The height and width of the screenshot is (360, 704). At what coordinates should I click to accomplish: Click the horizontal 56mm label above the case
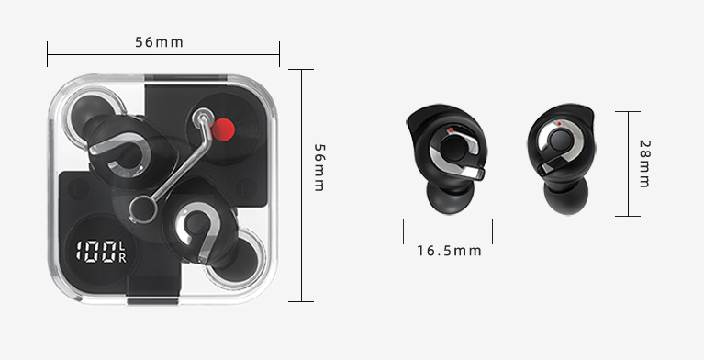tap(159, 42)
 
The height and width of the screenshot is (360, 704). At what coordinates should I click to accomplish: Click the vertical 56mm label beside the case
tap(318, 167)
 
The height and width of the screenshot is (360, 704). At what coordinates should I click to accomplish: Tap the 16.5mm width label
tap(449, 251)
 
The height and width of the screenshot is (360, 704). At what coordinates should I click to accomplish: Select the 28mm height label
tap(644, 163)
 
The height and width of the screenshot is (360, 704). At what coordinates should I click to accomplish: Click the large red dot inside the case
tap(223, 129)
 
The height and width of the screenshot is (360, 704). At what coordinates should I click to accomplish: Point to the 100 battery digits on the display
tap(95, 252)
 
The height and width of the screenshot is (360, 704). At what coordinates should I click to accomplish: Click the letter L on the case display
tap(123, 246)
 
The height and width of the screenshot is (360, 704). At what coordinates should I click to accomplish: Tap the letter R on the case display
tap(123, 257)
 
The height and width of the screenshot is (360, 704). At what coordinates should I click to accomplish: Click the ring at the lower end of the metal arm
tap(143, 209)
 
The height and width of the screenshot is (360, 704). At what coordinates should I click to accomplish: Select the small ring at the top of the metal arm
tap(203, 118)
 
